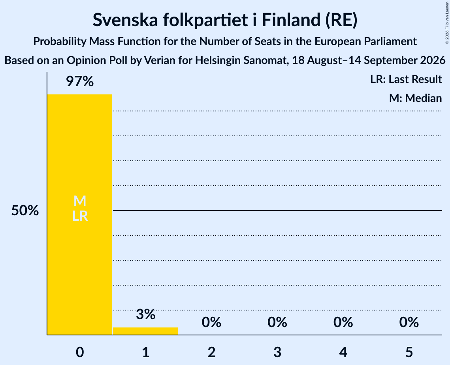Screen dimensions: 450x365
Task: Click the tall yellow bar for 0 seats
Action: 80,214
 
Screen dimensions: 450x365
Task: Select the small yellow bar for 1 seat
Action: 145,331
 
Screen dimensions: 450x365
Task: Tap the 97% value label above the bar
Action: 80,81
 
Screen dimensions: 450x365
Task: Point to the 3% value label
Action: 145,314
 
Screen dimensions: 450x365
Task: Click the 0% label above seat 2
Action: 211,322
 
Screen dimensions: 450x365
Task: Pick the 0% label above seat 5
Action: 409,322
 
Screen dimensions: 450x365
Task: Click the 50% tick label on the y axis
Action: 25,211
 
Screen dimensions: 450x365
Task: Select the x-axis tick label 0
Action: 80,352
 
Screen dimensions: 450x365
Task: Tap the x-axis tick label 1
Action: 146,352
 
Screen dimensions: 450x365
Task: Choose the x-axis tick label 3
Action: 277,352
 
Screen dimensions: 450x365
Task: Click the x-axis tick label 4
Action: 343,352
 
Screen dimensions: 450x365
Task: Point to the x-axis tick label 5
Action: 409,352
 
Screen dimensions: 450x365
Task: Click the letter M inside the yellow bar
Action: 80,201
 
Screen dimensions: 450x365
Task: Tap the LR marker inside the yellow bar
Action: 80,216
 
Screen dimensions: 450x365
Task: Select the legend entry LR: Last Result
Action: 406,79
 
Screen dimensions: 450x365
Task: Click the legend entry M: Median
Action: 415,98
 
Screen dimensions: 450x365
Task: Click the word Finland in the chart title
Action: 291,20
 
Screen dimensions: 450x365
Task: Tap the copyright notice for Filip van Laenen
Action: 447,23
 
